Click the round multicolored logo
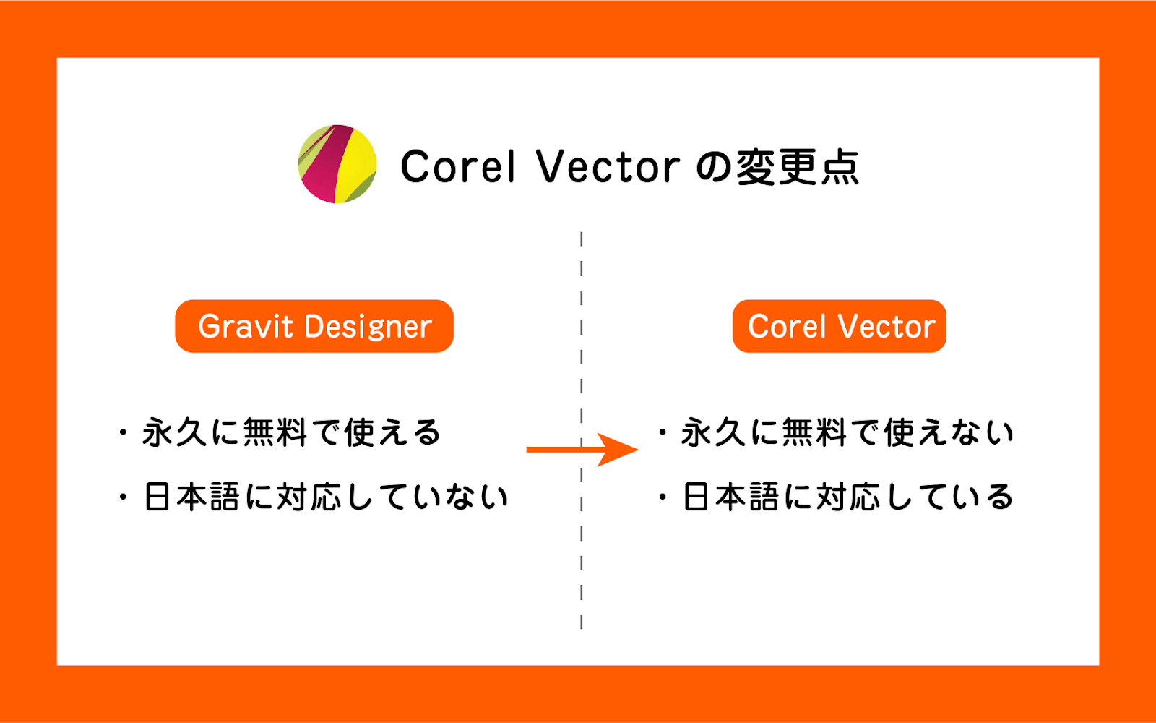point(337,163)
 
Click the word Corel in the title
point(458,166)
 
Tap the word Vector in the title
point(608,166)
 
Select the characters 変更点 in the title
point(798,166)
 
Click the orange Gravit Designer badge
point(314,326)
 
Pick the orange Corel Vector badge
point(839,326)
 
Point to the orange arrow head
point(618,449)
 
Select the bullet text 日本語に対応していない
point(326,496)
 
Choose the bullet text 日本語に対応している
point(848,496)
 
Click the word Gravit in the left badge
point(246,326)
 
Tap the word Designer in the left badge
point(368,326)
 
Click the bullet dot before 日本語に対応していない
point(123,497)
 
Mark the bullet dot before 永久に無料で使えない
point(663,432)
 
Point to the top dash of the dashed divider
point(582,239)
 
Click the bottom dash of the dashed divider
point(582,622)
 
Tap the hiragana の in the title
point(714,167)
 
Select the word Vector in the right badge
point(887,326)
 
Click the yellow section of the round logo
point(356,163)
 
